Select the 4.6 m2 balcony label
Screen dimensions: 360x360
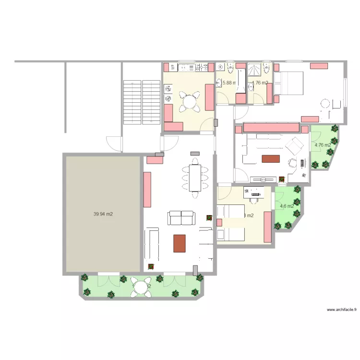pos(287,206)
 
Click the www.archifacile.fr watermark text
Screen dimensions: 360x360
pos(342,310)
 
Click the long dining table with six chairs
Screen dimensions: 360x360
pos(195,178)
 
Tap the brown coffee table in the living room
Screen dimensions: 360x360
pos(180,243)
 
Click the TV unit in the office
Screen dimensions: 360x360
pos(262,179)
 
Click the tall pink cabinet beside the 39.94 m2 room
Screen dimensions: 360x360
pos(147,189)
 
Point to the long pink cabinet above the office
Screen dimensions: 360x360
pos(271,127)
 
